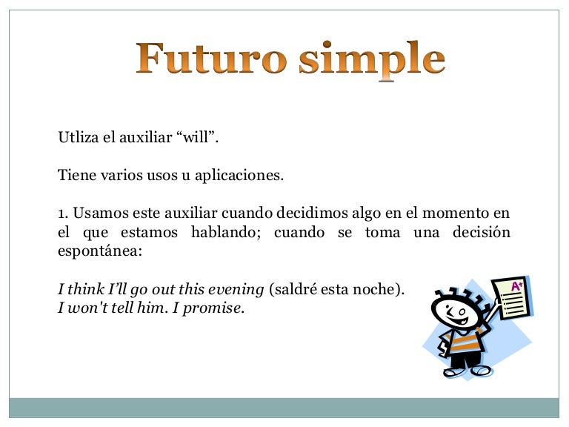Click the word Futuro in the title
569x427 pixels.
tap(210, 59)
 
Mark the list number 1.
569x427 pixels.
tap(62, 213)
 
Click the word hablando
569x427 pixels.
tap(225, 233)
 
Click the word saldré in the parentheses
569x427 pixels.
tap(296, 290)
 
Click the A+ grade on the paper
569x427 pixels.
tap(516, 285)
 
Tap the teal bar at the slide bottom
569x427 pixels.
tap(284, 407)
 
